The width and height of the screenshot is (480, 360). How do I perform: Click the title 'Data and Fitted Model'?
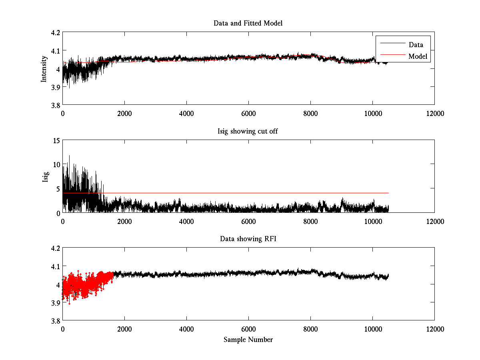pos(248,23)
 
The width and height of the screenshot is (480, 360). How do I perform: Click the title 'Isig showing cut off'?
pos(248,131)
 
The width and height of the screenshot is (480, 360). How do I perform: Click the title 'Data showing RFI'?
pos(248,239)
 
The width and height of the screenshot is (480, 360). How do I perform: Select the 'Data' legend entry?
pos(416,44)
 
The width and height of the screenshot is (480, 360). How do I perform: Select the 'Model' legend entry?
pos(418,56)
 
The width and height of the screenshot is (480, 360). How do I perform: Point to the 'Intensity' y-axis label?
pos(44,68)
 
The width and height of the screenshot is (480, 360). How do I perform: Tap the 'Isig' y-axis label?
pos(45,176)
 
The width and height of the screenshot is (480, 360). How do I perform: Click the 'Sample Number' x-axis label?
pos(248,340)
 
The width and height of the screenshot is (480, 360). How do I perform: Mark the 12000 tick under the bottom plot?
pos(434,329)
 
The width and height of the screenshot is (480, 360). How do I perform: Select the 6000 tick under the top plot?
pos(248,113)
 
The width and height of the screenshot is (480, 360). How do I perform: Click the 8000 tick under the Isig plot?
pos(310,221)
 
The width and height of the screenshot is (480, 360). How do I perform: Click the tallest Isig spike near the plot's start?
pos(69,156)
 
